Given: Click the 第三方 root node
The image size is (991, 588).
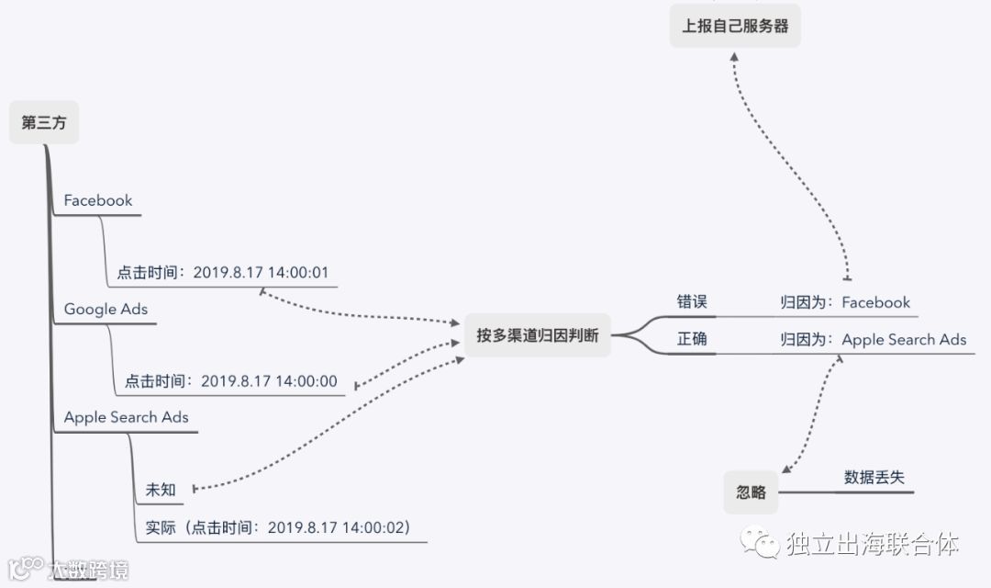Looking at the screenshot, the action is (43, 123).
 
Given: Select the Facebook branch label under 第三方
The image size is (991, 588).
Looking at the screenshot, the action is (98, 200).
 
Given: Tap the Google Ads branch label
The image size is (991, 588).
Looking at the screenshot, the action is (106, 309).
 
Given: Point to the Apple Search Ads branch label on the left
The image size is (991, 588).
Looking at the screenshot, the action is (126, 417).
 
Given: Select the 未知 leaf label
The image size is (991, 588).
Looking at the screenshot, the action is (161, 489).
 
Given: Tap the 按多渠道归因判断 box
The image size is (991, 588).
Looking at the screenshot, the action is (537, 335).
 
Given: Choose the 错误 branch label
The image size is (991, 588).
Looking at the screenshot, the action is (692, 302).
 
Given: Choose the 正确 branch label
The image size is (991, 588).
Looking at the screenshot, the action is (692, 339).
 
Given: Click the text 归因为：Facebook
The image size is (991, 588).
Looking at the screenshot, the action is (845, 302).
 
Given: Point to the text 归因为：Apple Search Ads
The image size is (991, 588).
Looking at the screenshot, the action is (873, 339).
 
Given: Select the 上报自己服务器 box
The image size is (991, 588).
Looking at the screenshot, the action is (735, 26).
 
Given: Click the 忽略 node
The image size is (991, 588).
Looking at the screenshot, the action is (751, 492).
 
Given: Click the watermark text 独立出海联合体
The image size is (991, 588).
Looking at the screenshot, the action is (872, 545).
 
